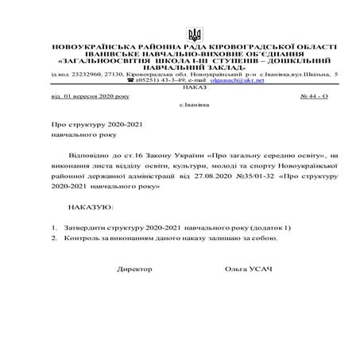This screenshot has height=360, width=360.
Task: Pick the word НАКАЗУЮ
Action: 91,206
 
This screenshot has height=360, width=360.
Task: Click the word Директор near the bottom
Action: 134,269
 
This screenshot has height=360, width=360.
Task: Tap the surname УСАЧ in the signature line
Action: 260,269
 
